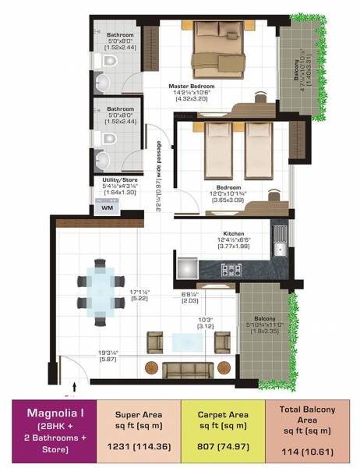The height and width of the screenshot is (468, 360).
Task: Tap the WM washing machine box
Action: pyautogui.click(x=107, y=207)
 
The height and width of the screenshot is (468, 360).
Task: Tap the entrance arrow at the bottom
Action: pyautogui.click(x=75, y=385)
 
